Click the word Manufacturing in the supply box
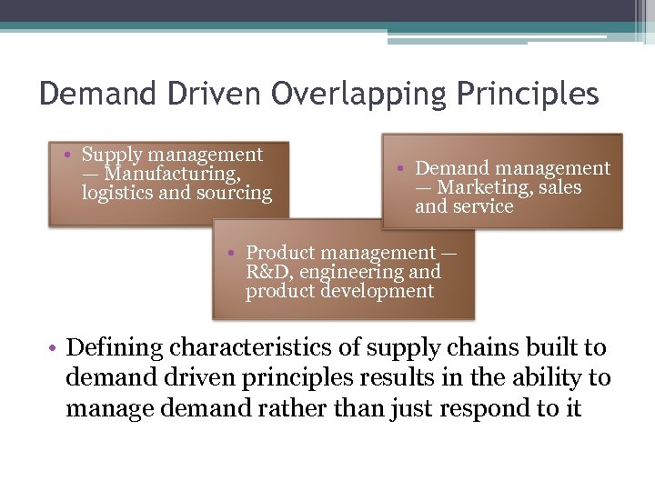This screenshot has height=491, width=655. click(x=173, y=174)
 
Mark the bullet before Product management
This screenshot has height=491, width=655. click(x=233, y=253)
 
